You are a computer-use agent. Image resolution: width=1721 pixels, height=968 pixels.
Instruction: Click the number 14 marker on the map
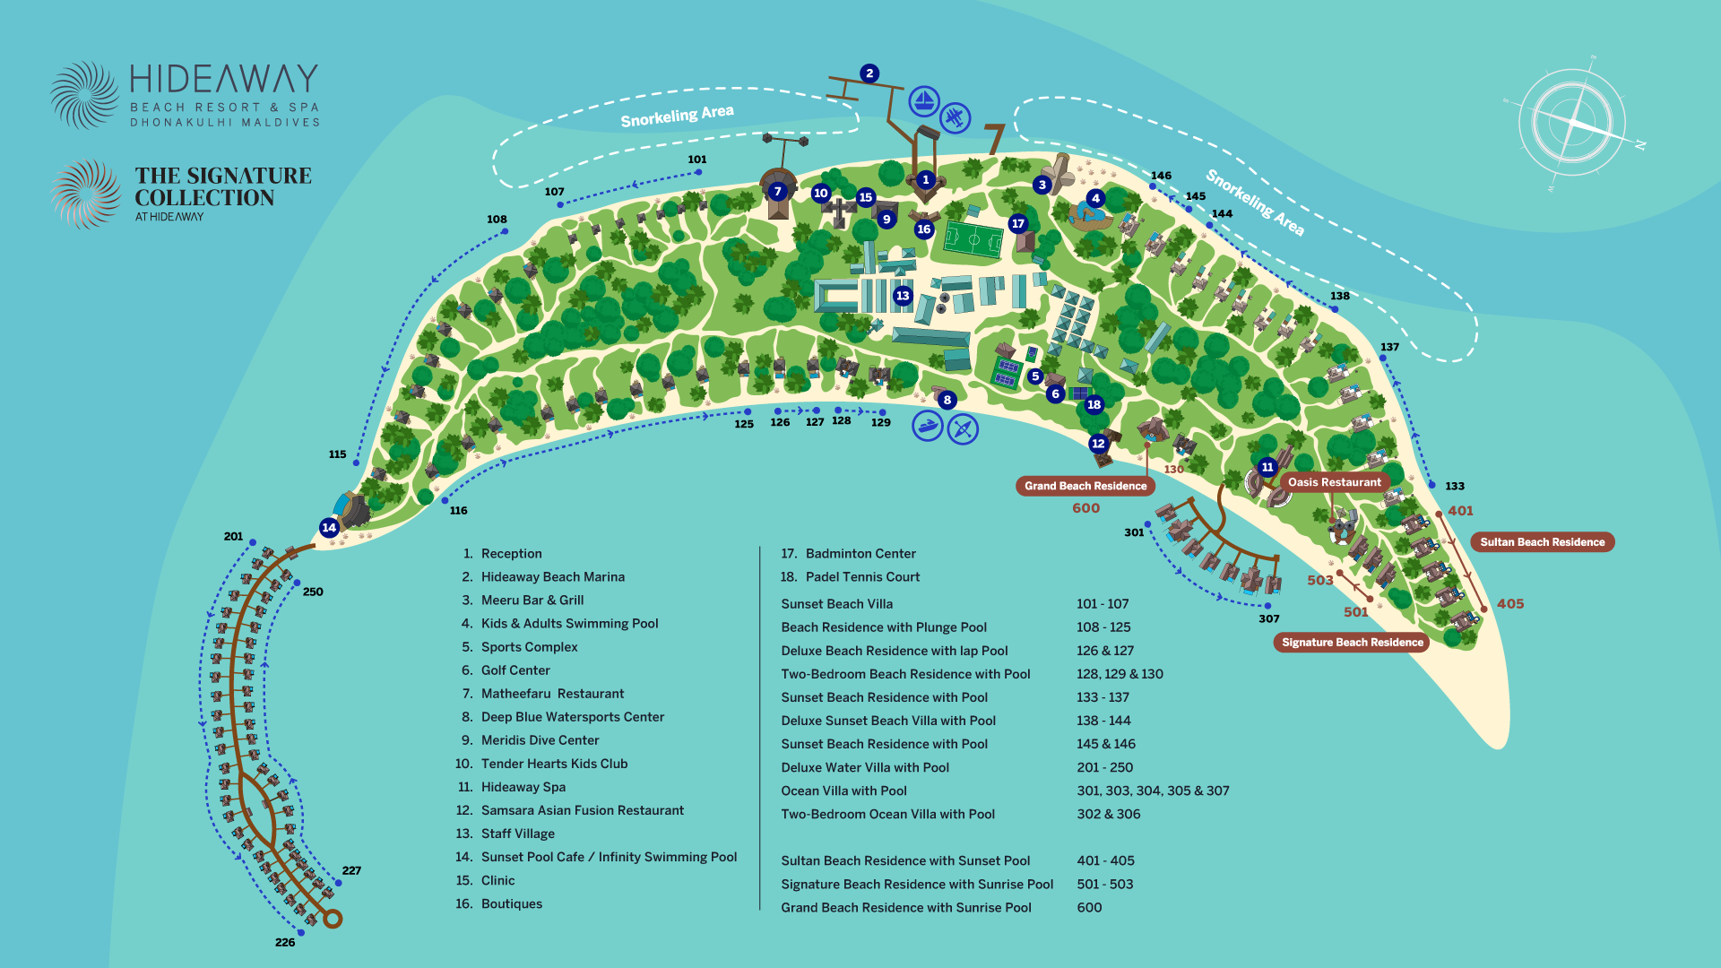[329, 527]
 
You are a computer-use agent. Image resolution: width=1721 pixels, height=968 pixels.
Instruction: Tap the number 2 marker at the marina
[869, 73]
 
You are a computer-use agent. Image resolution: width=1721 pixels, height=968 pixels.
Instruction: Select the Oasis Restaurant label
[1334, 482]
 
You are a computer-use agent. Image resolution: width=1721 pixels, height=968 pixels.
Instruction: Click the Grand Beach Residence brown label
[1085, 486]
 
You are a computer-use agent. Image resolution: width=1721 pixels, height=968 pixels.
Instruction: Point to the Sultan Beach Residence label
[1542, 542]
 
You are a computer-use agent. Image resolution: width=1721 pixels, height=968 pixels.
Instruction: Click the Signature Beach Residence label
[1352, 642]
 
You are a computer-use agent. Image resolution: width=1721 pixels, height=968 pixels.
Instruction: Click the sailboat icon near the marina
[924, 101]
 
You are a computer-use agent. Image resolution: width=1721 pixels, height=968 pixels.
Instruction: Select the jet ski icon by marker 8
[928, 426]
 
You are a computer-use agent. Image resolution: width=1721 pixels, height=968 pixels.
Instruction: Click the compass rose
[1572, 122]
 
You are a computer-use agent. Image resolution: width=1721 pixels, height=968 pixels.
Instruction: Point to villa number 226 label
[285, 942]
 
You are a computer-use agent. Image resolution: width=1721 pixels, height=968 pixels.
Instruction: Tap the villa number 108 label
[497, 219]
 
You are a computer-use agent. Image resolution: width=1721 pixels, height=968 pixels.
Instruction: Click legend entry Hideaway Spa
[523, 787]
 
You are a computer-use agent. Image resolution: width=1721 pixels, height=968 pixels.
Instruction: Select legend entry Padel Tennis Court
[861, 577]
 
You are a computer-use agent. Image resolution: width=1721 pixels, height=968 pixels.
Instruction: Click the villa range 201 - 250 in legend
[1104, 767]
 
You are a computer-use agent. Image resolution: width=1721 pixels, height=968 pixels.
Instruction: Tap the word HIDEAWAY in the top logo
[224, 80]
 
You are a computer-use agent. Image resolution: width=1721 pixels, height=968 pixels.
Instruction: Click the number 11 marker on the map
[1267, 467]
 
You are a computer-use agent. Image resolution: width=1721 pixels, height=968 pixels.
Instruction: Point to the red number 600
[1085, 508]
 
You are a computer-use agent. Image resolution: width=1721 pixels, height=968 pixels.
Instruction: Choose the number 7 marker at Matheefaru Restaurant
[777, 191]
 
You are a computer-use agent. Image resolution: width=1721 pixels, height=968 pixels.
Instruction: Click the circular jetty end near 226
[333, 919]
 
